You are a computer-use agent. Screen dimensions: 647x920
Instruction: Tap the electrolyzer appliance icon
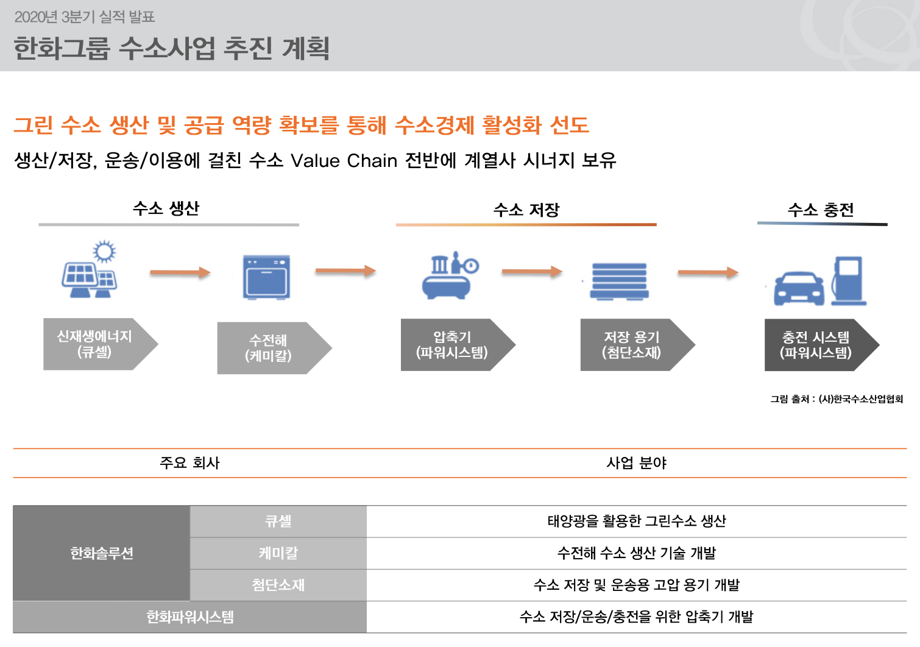pos(266,278)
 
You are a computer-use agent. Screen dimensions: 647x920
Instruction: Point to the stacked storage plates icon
pos(619,281)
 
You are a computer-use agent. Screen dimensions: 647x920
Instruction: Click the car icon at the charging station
pos(799,289)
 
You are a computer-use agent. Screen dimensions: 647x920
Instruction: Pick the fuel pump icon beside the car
pos(849,281)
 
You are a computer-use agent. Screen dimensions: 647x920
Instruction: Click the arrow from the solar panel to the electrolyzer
pos(180,272)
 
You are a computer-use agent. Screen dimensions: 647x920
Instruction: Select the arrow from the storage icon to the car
pos(707,272)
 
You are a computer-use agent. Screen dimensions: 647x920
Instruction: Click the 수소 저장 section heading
pos(526,210)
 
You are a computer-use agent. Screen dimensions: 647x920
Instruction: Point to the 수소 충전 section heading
pos(821,210)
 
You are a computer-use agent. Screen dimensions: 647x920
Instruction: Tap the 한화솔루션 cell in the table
pos(102,553)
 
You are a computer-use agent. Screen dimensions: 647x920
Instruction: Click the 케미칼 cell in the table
pos(278,553)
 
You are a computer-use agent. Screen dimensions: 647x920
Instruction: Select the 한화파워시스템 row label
pos(189,617)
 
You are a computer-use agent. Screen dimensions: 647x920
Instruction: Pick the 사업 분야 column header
pos(637,463)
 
